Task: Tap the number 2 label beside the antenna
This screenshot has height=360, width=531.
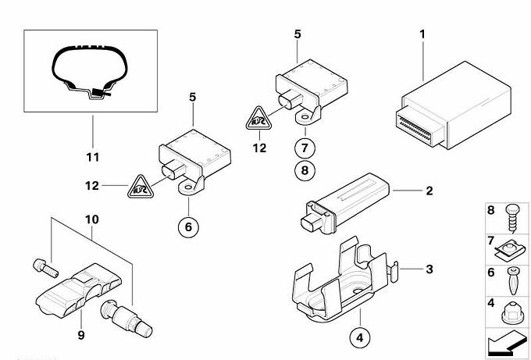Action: point(428,190)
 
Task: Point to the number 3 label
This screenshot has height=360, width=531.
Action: point(428,269)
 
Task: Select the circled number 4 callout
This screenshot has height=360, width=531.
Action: point(360,338)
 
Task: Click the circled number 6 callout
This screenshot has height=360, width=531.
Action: point(187,227)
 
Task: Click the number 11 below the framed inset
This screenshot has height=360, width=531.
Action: point(93,158)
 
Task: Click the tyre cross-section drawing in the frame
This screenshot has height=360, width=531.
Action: point(86,74)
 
